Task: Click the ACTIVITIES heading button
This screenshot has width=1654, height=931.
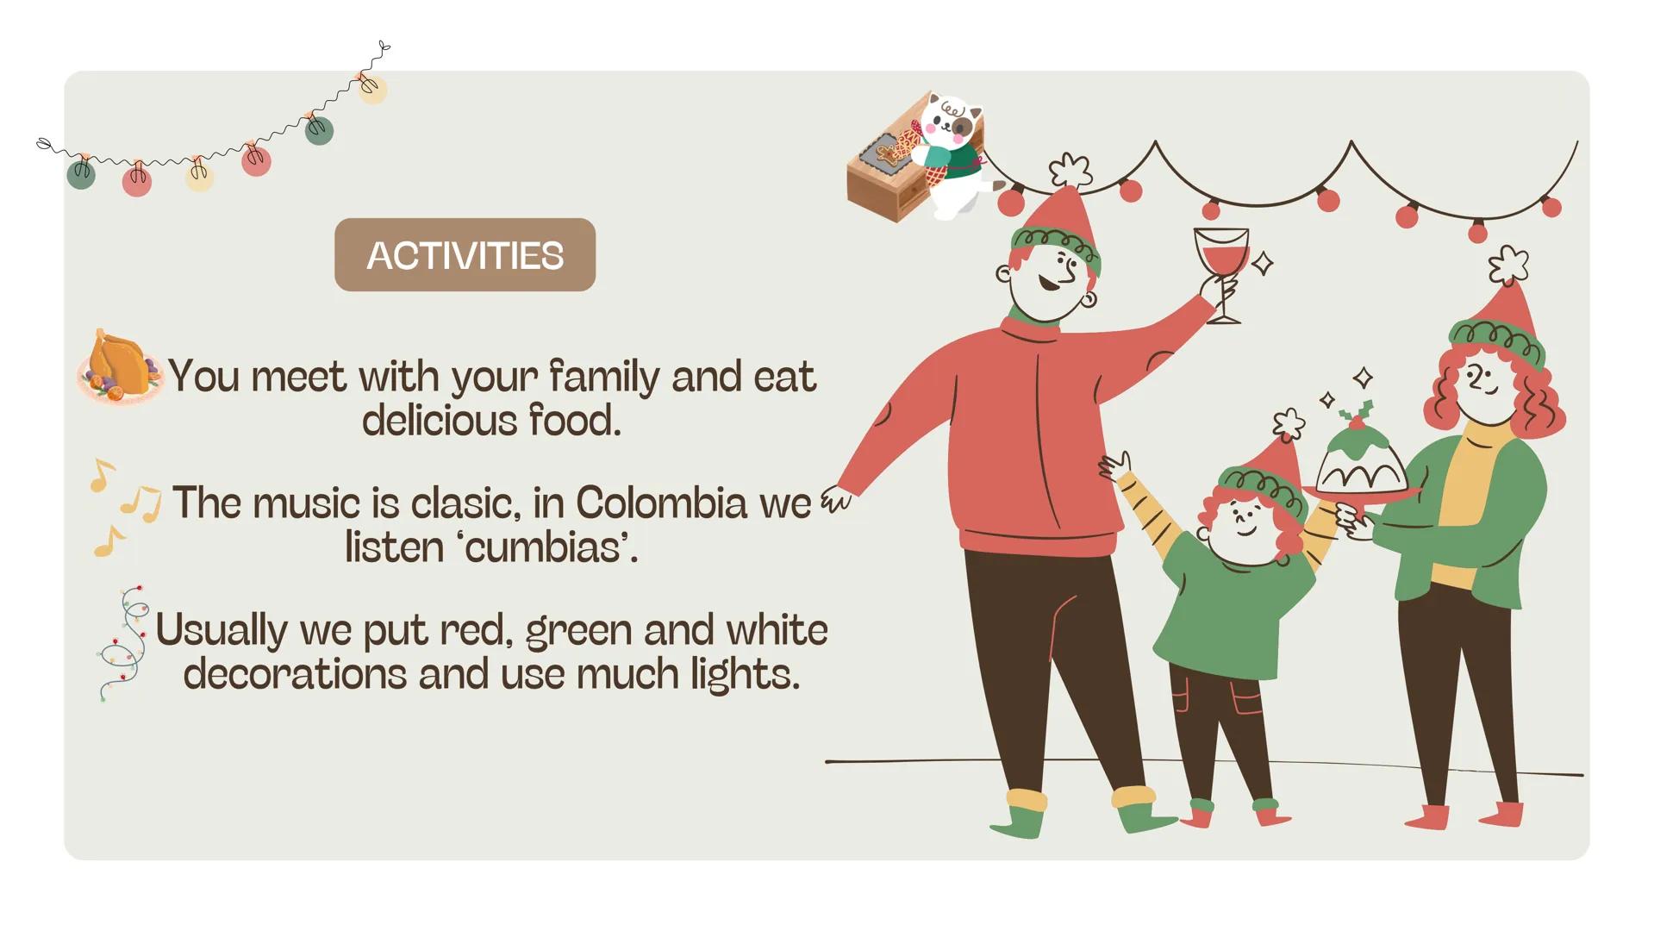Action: pyautogui.click(x=465, y=255)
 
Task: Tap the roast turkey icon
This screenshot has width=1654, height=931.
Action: pyautogui.click(x=120, y=366)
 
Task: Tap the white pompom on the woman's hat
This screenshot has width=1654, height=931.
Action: pyautogui.click(x=1508, y=264)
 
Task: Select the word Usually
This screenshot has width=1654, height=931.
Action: pyautogui.click(x=222, y=631)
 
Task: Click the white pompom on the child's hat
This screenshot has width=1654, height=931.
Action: pyautogui.click(x=1289, y=422)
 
